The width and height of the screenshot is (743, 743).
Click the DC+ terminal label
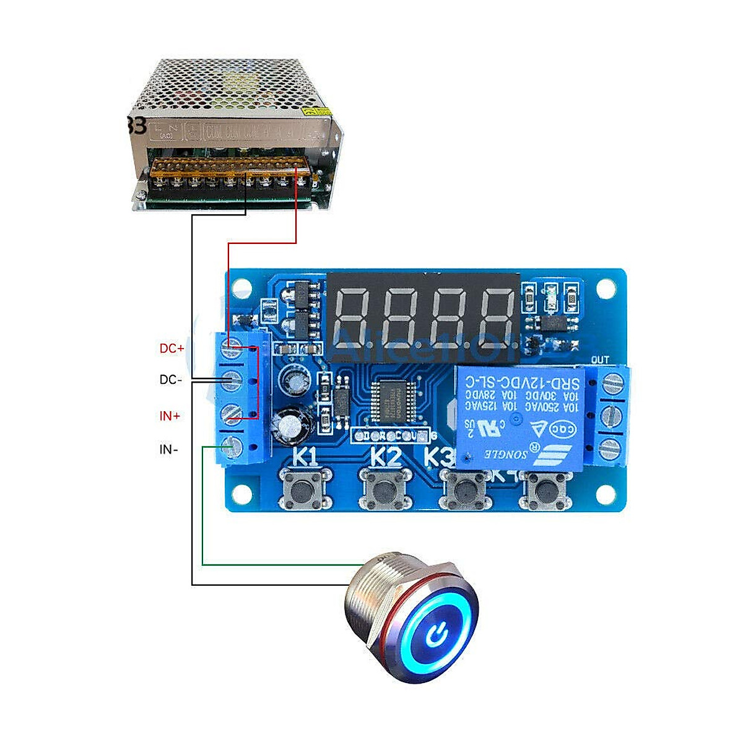point(172,349)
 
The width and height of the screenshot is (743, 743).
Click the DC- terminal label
point(171,380)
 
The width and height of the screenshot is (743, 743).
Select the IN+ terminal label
point(170,416)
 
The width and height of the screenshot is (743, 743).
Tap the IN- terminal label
point(169,450)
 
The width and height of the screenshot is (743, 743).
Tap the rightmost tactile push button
point(545,490)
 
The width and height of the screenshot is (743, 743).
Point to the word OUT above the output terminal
point(600,360)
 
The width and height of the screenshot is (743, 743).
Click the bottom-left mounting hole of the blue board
point(241,493)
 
